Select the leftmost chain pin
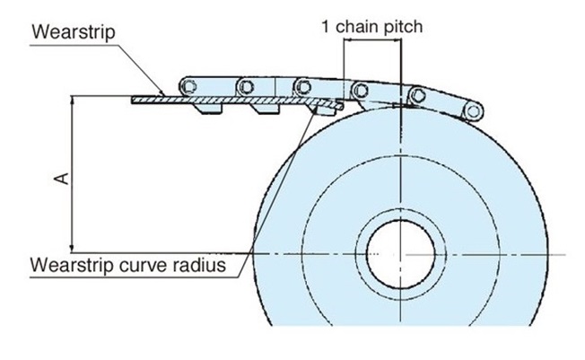[x=188, y=84]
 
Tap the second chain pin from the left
[x=243, y=85]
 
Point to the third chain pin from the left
[x=301, y=85]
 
